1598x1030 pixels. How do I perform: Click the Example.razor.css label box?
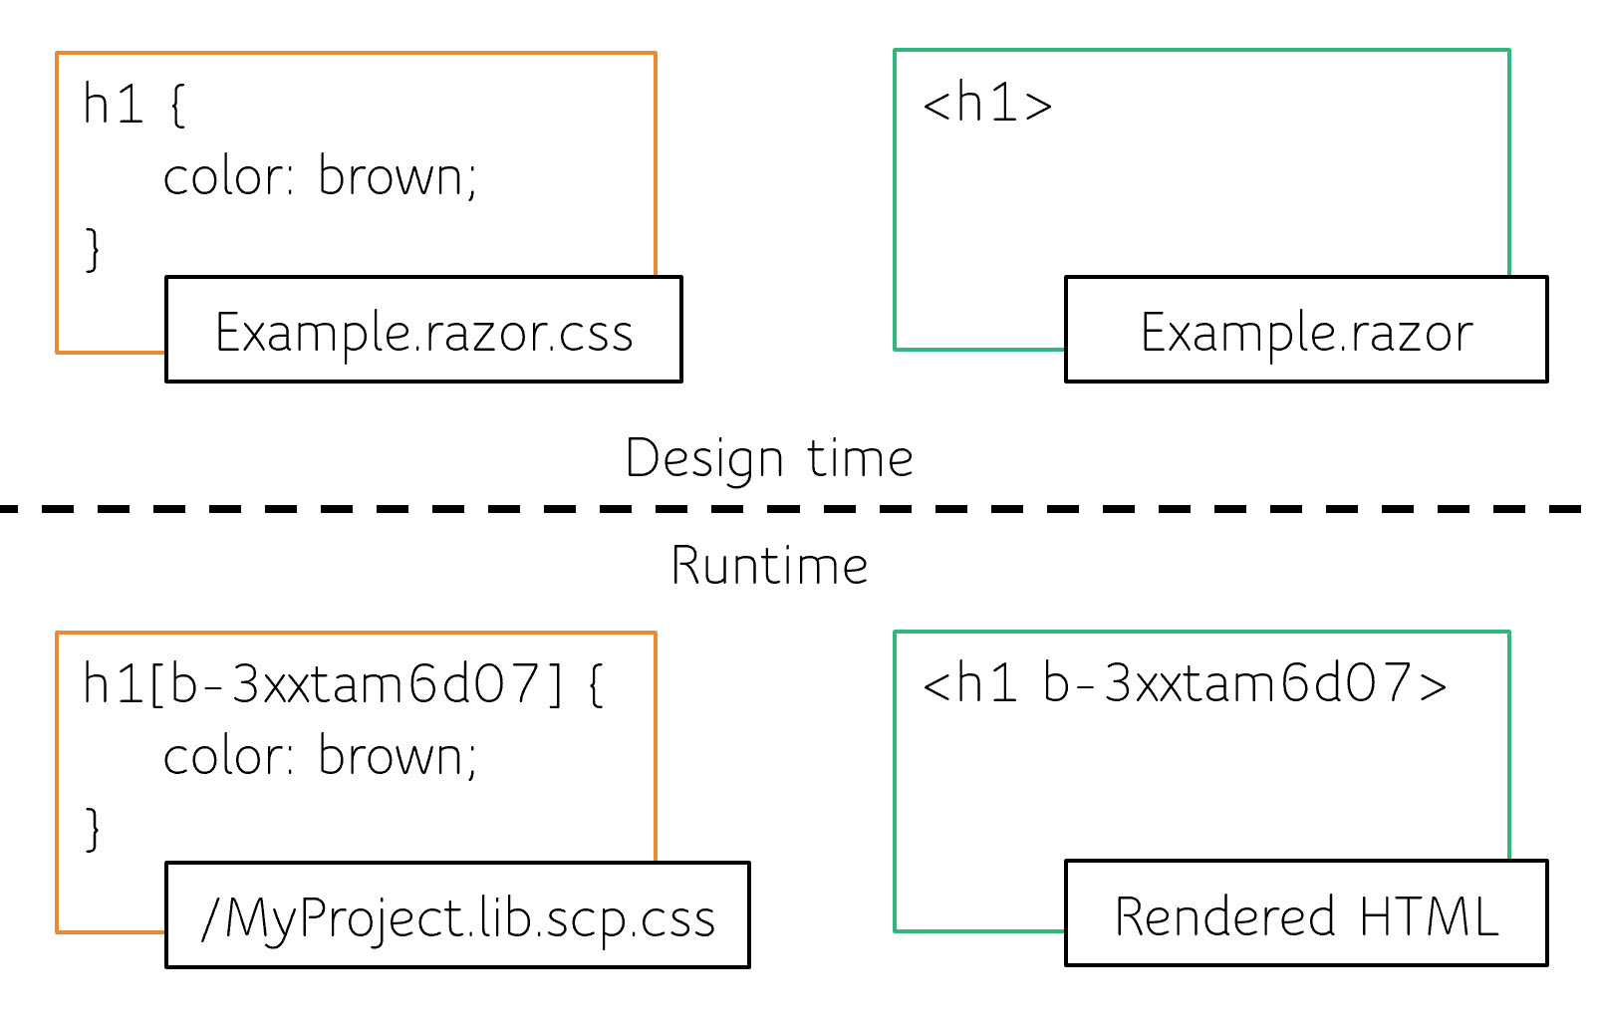coord(423,330)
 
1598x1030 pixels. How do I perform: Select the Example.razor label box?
coord(1306,330)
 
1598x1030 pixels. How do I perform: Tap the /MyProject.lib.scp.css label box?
coord(457,915)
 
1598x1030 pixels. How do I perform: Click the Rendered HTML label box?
coord(1306,913)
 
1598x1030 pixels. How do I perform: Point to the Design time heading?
coord(768,459)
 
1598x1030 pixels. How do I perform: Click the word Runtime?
coord(768,566)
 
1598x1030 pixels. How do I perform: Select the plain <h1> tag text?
coord(986,104)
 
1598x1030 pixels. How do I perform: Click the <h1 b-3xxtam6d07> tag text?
coord(1184,683)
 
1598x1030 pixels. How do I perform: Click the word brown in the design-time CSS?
coord(391,177)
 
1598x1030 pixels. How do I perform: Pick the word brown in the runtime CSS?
coord(391,757)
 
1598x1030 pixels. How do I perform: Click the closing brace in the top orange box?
coord(93,248)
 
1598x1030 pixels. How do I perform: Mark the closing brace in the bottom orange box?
coord(93,828)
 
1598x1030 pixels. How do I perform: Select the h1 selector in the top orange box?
coord(114,105)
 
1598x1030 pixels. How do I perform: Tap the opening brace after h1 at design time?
coord(177,106)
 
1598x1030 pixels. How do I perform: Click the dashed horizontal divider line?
coord(797,509)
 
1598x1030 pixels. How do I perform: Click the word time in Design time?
coord(859,459)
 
